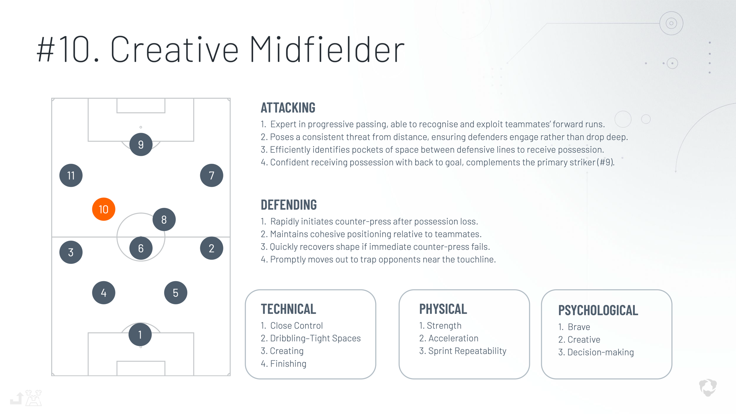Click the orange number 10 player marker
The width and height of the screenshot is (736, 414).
point(104,209)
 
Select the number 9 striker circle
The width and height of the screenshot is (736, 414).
point(141,145)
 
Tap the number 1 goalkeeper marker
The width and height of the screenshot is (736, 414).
point(140,335)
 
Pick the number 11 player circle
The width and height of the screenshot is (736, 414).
point(71,176)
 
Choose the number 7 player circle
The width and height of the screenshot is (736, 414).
point(212,176)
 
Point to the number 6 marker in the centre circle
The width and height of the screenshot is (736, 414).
point(141,248)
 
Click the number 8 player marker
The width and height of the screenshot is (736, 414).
point(164,220)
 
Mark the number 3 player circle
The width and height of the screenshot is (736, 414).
point(71,252)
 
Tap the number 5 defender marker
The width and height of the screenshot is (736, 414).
point(176,293)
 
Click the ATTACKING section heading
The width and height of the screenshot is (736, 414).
point(288,108)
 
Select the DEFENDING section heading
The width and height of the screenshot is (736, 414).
point(289,205)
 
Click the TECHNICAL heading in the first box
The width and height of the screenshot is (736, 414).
point(289,309)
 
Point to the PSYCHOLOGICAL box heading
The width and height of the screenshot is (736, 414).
point(598,311)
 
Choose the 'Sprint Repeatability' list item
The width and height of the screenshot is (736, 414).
point(467,351)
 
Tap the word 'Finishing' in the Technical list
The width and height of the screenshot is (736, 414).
point(288,364)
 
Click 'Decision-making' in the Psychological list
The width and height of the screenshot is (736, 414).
point(601,353)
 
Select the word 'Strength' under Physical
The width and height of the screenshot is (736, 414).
point(444,326)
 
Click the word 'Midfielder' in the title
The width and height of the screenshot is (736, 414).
point(327,49)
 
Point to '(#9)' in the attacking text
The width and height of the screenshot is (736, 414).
point(605,162)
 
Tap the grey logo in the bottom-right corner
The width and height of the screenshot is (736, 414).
point(708,388)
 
